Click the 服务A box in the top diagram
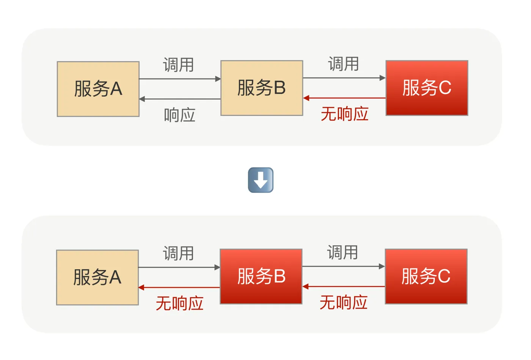(x=98, y=89)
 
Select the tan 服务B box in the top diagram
(x=262, y=88)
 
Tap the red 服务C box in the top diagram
(x=427, y=88)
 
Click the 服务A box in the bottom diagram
(x=97, y=277)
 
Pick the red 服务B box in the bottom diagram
(x=261, y=277)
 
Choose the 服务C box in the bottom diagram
(x=426, y=277)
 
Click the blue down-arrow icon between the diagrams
(x=261, y=180)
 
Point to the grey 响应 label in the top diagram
(x=179, y=115)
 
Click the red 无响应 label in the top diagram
(x=344, y=114)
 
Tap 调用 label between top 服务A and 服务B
(x=178, y=65)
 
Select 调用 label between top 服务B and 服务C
(x=343, y=64)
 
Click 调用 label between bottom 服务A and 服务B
(x=178, y=253)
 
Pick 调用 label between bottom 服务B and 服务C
(x=342, y=252)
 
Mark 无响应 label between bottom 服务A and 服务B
(x=179, y=303)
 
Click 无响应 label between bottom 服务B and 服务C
(x=343, y=302)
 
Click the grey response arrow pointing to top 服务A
(x=180, y=99)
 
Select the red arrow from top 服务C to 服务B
(x=344, y=98)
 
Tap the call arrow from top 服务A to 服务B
(x=180, y=79)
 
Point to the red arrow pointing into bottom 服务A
(x=179, y=288)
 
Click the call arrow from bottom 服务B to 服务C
(x=343, y=266)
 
